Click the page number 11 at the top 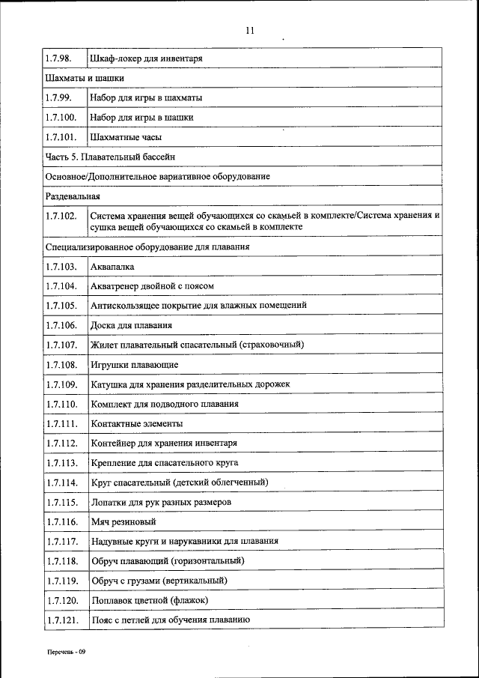[x=250, y=31]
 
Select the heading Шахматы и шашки [x=85, y=77]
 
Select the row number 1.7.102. [x=61, y=216]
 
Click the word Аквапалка [x=112, y=267]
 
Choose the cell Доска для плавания [x=131, y=325]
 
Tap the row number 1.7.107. [x=61, y=345]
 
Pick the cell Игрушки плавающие [x=134, y=365]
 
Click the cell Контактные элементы [x=136, y=423]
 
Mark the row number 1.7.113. [x=61, y=463]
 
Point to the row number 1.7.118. [x=61, y=560]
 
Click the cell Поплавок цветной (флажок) [x=149, y=600]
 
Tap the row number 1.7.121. [x=61, y=620]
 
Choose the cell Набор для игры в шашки [x=141, y=118]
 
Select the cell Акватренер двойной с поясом [x=153, y=286]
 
